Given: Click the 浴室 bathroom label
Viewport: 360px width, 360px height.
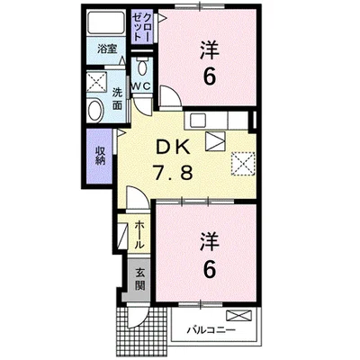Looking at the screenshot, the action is (x=106, y=49).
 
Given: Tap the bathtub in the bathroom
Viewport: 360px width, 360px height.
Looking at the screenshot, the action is (x=106, y=22).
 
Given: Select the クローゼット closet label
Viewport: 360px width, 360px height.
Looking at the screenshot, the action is (x=143, y=26).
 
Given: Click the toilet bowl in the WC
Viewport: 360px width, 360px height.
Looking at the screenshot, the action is (x=142, y=67).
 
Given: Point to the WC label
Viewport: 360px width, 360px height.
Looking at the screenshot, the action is (x=141, y=86).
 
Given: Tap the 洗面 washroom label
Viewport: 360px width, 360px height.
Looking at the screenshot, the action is (x=117, y=99).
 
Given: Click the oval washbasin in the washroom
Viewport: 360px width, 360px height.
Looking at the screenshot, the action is (x=95, y=110).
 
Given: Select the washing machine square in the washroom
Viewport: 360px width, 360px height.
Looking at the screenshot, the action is (x=96, y=81).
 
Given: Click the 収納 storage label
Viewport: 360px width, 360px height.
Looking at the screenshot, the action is (x=100, y=156).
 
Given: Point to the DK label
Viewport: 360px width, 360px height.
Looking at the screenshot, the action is (x=172, y=148).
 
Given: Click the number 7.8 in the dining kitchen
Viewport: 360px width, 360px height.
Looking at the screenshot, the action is (x=172, y=172).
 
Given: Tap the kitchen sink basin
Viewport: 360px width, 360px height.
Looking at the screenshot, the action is (x=197, y=121).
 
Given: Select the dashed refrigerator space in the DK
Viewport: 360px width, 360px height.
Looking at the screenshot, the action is (x=243, y=164).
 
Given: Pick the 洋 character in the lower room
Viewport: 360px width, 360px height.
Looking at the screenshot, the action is (x=210, y=241).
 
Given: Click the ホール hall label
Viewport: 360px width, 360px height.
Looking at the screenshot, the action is (x=139, y=235).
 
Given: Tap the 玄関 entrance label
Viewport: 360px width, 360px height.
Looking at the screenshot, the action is (x=139, y=279).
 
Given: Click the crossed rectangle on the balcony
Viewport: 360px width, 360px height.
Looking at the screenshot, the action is (x=238, y=316).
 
